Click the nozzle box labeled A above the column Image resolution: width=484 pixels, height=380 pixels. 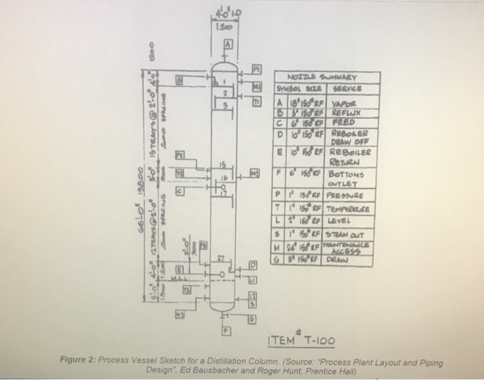coord(225,42)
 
